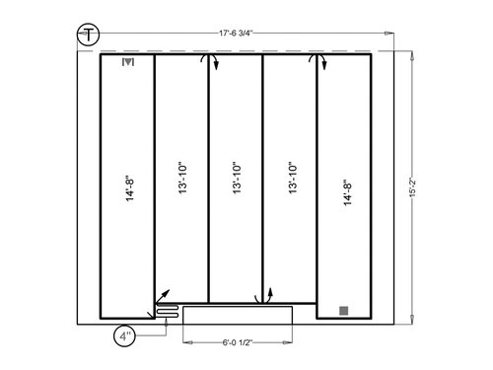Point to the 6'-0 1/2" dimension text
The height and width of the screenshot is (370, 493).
[240, 342]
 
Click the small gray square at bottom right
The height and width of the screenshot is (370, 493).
[343, 311]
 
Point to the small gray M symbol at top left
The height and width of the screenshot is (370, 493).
[126, 63]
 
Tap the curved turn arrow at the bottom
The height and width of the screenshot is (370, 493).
[264, 296]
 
